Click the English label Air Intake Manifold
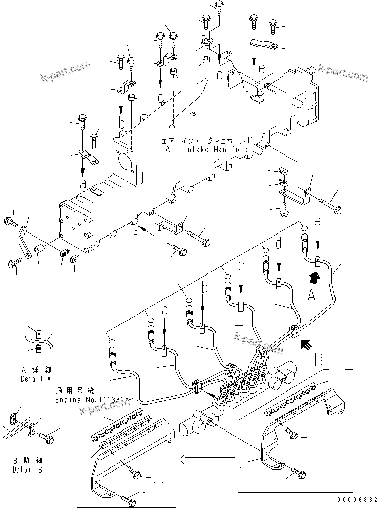(x=206, y=150)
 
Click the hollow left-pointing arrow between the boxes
(x=207, y=460)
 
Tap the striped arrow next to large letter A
(x=314, y=277)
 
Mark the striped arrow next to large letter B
(x=306, y=345)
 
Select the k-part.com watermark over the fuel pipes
(x=259, y=343)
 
